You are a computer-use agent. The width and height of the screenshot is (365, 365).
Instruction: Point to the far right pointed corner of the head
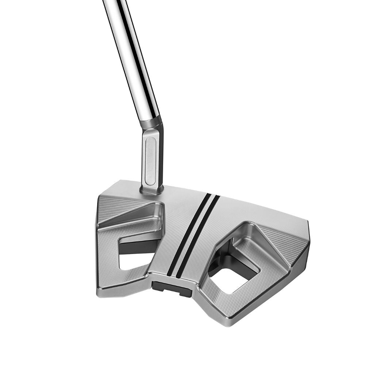[309, 234]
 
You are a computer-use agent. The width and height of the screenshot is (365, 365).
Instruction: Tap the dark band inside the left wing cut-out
[139, 247]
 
